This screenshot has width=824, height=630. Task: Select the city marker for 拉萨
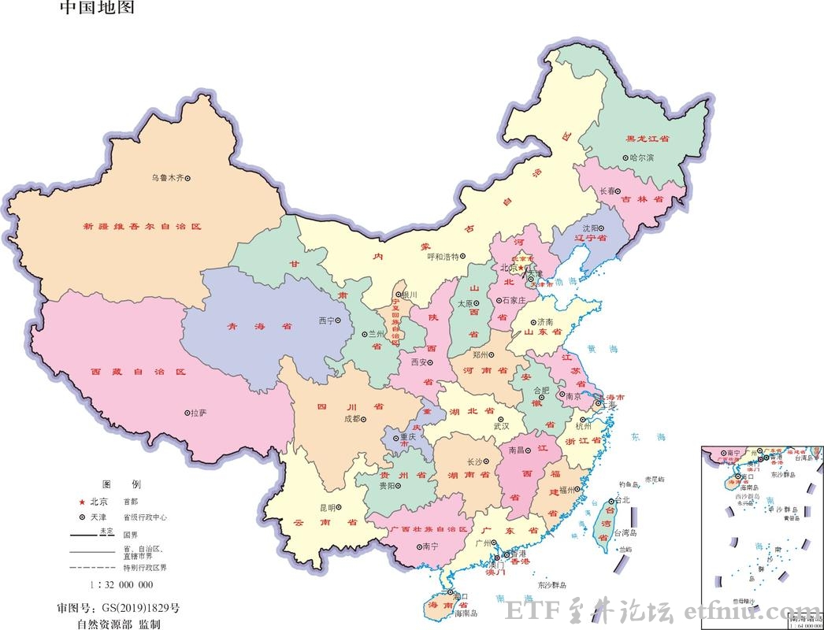click(x=187, y=412)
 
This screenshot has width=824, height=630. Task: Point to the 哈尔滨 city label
click(x=642, y=157)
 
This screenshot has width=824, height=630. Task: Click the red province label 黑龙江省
click(x=647, y=139)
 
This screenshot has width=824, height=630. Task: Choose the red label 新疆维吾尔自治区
click(x=143, y=226)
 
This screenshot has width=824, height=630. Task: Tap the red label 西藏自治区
click(x=138, y=371)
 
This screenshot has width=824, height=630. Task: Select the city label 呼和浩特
click(x=443, y=257)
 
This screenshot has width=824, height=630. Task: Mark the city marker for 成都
click(x=365, y=418)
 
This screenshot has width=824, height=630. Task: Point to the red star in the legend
click(x=81, y=502)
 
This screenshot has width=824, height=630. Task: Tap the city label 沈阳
click(x=592, y=226)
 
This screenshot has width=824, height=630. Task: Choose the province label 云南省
click(x=325, y=522)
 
